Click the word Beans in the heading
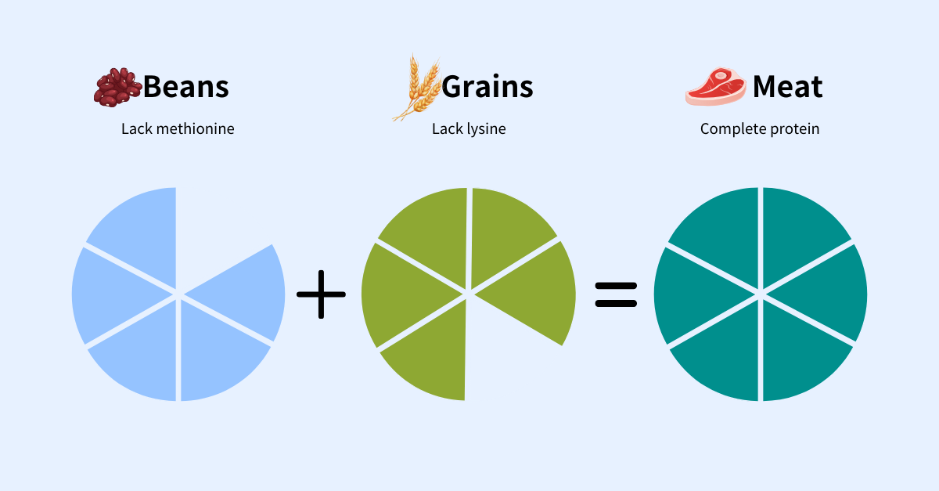point(186,87)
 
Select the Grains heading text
point(487,87)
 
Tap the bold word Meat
point(788,87)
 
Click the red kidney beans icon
point(118,87)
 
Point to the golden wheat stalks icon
point(417,87)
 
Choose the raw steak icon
point(715,86)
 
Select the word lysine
point(487,129)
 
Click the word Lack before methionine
point(137,129)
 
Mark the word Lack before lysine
point(448,129)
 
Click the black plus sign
point(321,294)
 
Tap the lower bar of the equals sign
point(617,303)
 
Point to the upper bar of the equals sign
point(617,286)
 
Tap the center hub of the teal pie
point(761,294)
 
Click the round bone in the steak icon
point(721,76)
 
